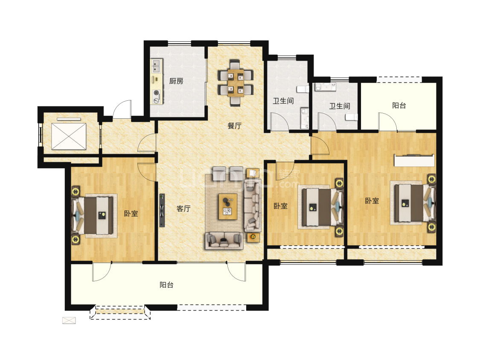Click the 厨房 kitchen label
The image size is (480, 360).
click(176, 81)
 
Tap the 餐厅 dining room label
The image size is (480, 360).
click(235, 126)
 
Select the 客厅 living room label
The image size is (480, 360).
click(183, 209)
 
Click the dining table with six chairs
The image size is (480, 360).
click(236, 82)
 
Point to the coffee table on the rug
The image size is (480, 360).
click(228, 207)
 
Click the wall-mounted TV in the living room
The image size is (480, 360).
click(162, 210)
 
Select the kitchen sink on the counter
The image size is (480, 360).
click(157, 66)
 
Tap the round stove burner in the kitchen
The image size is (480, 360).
click(157, 93)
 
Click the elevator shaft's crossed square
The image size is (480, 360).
click(69, 136)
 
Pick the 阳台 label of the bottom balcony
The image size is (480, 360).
click(166, 285)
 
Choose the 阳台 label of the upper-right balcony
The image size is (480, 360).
click(399, 106)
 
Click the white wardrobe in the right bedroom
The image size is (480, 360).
click(414, 161)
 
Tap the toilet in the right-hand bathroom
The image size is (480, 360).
click(352, 117)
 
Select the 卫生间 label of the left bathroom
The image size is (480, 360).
click(283, 101)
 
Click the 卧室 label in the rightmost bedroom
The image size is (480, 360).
click(372, 201)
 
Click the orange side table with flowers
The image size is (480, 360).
click(253, 237)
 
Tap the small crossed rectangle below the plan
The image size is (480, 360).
click(69, 320)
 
